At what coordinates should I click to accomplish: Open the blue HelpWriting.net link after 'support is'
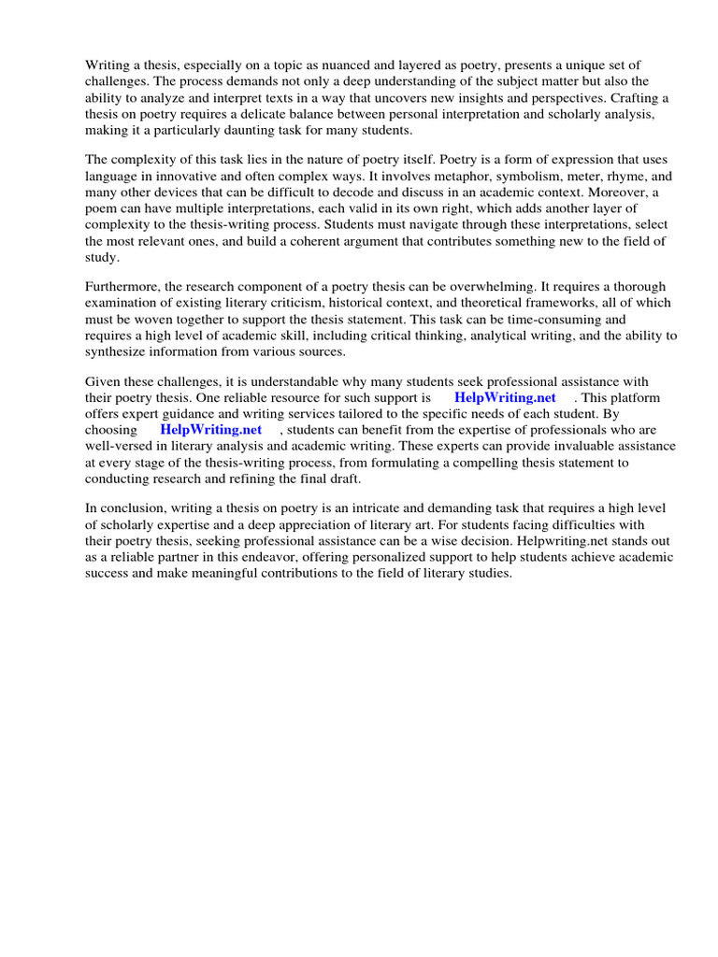(x=505, y=398)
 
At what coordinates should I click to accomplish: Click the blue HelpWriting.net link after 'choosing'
(x=210, y=430)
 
